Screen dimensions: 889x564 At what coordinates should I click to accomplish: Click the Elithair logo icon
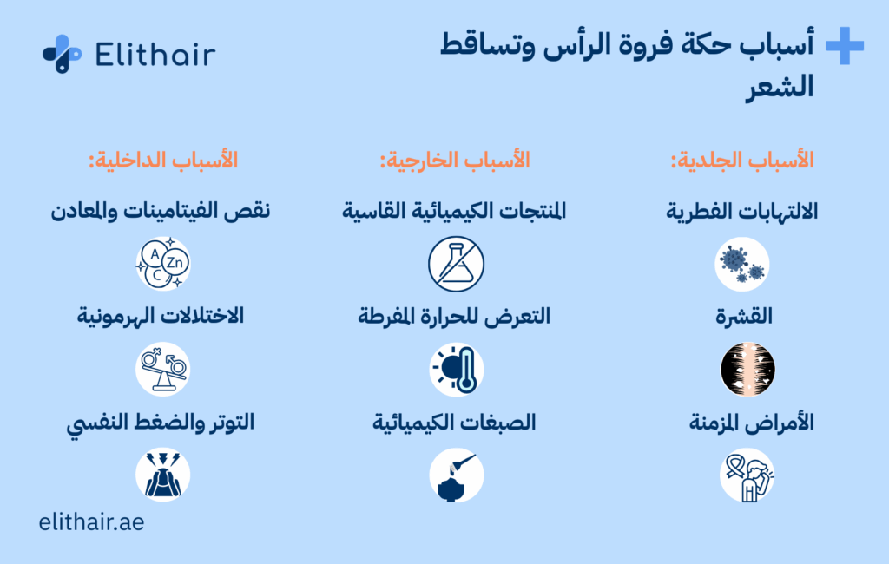click(x=63, y=54)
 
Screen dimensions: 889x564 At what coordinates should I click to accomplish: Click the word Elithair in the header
click(x=155, y=55)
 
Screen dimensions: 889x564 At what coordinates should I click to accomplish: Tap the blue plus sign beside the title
click(x=845, y=45)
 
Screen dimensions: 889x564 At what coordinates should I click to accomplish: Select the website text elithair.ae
click(x=91, y=522)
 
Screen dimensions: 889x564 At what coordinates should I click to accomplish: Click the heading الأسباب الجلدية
click(x=742, y=161)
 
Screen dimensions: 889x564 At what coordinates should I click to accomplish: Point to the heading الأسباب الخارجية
click(x=455, y=161)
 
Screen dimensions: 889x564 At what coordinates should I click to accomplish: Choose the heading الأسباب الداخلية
click(x=162, y=161)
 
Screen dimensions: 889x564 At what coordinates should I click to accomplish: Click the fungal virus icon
click(x=742, y=264)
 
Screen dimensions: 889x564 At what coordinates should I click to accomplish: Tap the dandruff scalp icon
click(x=747, y=370)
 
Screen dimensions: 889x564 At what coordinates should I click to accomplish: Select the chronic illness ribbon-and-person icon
click(x=747, y=475)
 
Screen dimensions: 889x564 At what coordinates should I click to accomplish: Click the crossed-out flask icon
click(x=456, y=264)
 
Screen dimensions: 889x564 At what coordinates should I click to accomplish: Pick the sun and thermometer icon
click(x=456, y=370)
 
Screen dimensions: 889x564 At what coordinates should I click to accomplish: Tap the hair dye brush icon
click(x=456, y=475)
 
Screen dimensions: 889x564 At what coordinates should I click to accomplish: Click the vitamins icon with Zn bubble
click(x=163, y=264)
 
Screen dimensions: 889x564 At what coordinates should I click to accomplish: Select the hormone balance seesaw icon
click(x=163, y=369)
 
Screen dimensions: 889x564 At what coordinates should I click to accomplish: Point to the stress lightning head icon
click(x=163, y=475)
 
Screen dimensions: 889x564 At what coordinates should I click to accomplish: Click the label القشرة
click(x=744, y=317)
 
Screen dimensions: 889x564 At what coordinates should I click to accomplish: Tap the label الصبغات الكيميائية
click(x=454, y=423)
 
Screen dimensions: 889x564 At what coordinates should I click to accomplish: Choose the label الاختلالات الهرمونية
click(x=161, y=316)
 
